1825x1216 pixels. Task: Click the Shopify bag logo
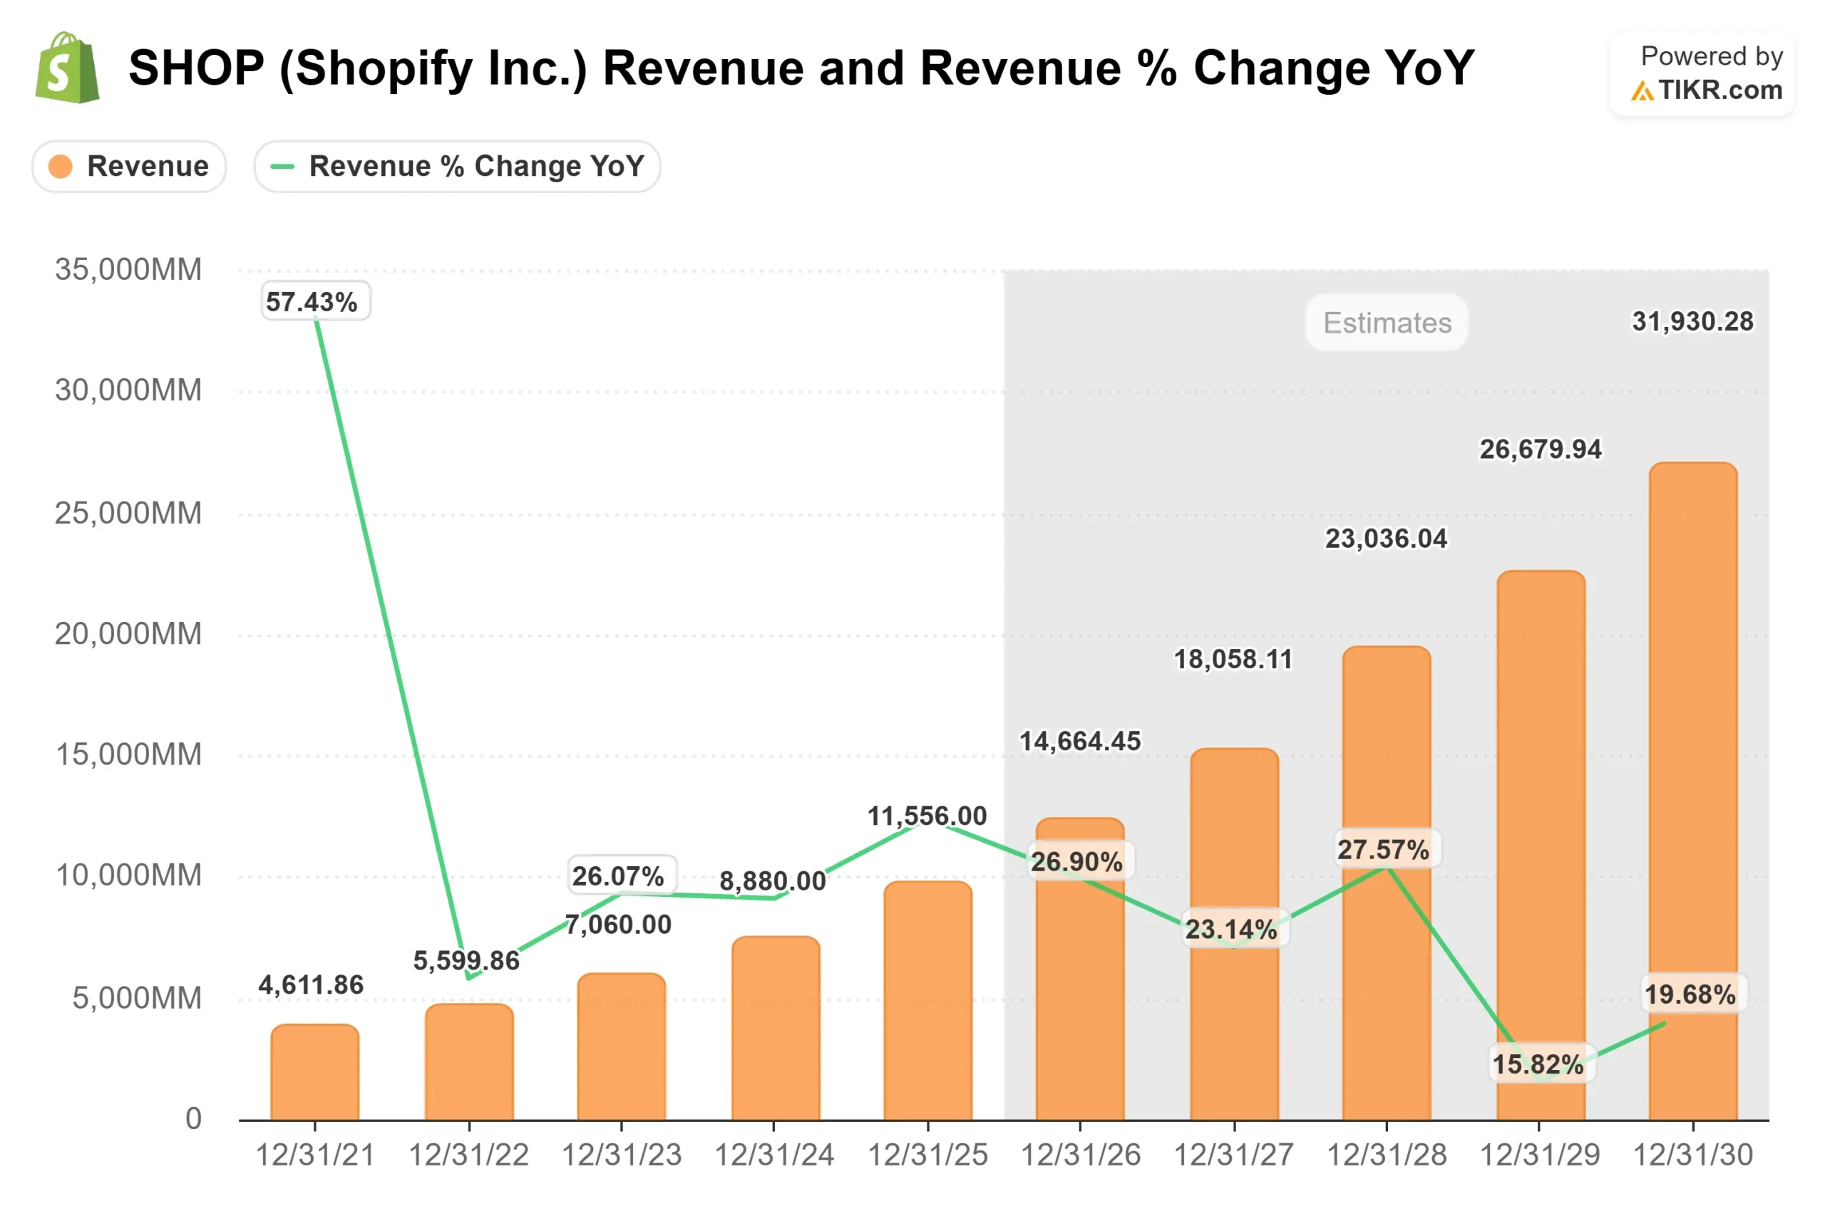(68, 68)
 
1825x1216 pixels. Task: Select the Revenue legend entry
(129, 166)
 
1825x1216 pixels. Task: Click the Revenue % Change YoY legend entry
(457, 166)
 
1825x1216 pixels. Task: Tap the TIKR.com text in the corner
(1720, 90)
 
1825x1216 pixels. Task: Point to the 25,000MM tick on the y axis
(128, 513)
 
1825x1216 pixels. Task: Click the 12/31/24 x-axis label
(773, 1155)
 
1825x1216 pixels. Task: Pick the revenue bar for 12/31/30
(1692, 791)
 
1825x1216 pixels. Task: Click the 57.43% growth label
(312, 301)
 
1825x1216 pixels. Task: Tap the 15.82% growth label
(1538, 1064)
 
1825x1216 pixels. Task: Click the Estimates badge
(1387, 323)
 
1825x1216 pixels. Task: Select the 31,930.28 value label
(1692, 321)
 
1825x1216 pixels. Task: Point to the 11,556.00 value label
(927, 816)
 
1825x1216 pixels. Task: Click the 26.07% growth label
(618, 876)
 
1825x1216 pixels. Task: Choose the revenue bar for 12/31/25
(927, 1000)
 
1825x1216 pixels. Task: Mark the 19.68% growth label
(1690, 994)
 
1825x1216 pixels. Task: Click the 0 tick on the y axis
(193, 1118)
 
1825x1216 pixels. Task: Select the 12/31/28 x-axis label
(1386, 1155)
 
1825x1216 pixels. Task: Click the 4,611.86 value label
(311, 985)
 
